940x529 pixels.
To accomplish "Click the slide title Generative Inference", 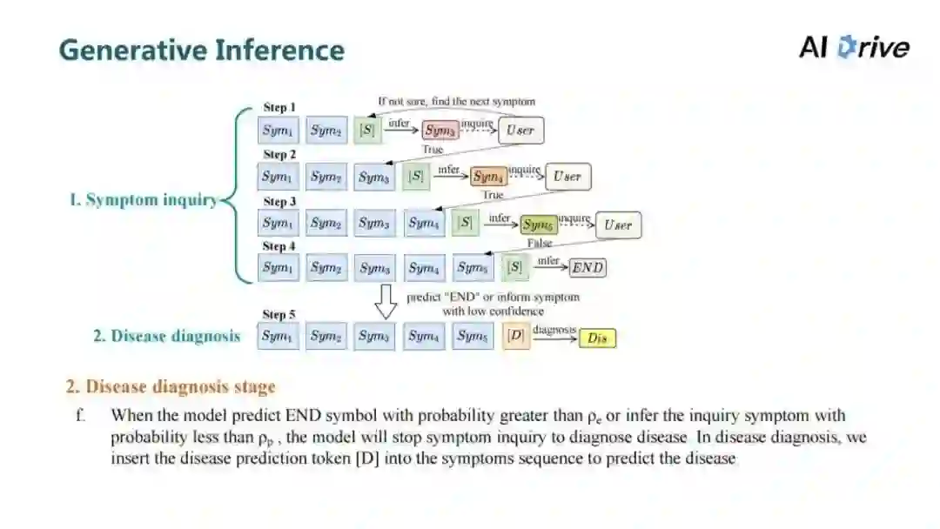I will (201, 50).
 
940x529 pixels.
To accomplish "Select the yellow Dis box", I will (597, 338).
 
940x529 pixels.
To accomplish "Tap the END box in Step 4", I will (587, 268).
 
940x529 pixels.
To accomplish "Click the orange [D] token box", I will (516, 336).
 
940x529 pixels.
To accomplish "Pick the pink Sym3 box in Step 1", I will (440, 131).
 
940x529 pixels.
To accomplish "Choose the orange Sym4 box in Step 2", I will (489, 177).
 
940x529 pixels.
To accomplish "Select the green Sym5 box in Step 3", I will (539, 224).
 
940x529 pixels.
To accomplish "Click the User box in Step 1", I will (520, 130).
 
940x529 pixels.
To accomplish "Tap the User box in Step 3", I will (618, 225).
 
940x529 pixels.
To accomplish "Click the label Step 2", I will (279, 155).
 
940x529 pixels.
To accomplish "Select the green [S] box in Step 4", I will (516, 268).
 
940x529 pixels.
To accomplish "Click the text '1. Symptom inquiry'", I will (143, 200).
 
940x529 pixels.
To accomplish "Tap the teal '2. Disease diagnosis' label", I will (167, 336).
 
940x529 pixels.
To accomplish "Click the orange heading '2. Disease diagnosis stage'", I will (171, 386).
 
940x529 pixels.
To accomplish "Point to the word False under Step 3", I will (540, 244).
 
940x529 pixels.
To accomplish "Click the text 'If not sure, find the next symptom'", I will (456, 102).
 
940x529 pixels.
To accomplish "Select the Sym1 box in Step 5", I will (278, 336).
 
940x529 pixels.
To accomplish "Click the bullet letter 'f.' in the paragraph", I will (82, 416).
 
